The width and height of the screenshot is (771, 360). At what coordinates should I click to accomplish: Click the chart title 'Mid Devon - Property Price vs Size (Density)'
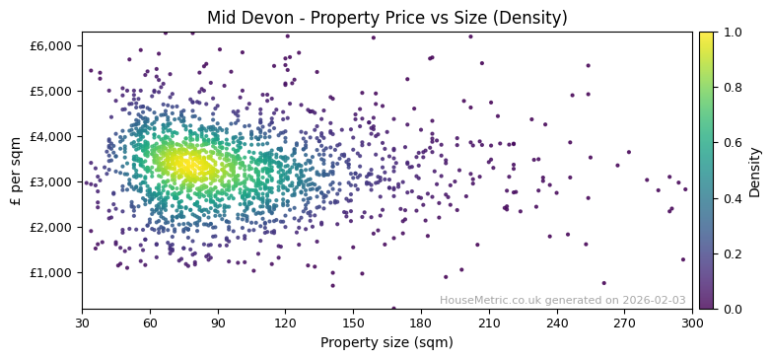pos(386,18)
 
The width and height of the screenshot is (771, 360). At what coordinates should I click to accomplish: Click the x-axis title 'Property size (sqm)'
pos(386,343)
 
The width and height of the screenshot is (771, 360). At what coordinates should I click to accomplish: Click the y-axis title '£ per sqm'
pos(16,170)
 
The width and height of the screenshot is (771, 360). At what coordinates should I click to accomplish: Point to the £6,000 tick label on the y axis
pos(51,45)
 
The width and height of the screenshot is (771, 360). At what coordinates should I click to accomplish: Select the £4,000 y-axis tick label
pos(51,136)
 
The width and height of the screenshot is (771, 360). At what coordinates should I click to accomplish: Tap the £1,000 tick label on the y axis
pos(51,272)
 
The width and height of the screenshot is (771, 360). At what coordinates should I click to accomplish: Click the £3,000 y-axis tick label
pos(51,181)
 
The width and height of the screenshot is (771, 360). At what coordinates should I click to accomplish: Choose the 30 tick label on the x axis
pos(82,323)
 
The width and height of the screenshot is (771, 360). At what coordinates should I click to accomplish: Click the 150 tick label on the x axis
pos(353,323)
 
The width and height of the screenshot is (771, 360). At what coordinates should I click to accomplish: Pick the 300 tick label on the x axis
pos(692,323)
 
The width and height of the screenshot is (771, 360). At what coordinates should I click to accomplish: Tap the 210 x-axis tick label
pos(489,323)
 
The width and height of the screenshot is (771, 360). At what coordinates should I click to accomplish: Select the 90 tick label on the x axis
pos(218,323)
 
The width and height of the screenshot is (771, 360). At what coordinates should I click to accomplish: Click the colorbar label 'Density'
pos(755,170)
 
